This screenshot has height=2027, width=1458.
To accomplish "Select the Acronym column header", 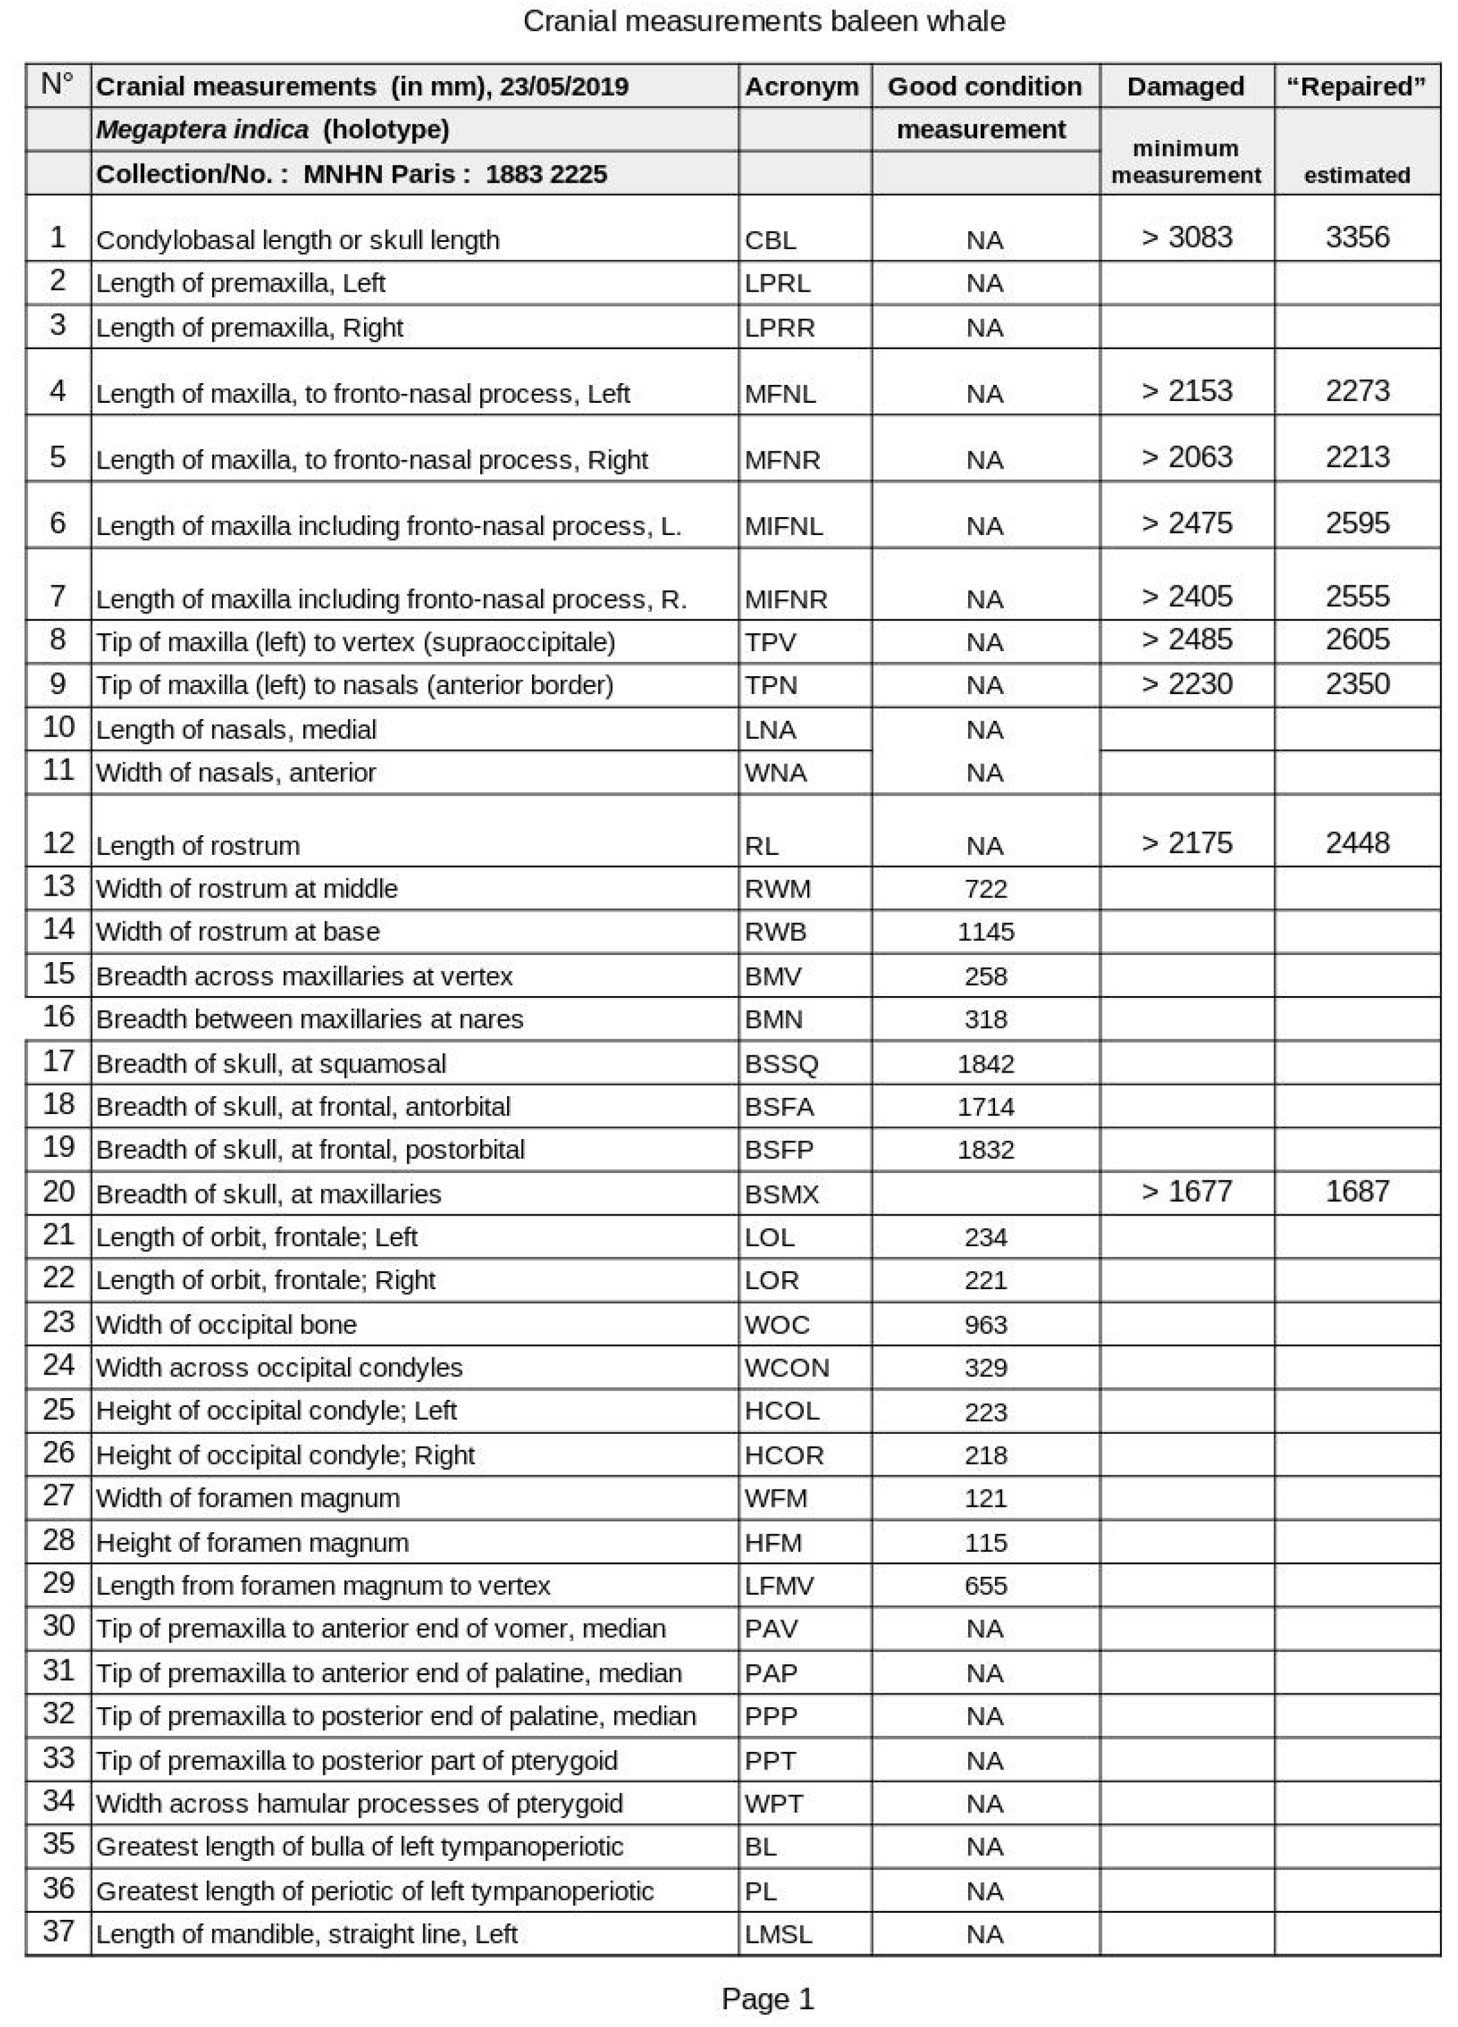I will pos(801,87).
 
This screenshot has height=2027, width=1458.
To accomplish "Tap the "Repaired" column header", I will pos(1356,87).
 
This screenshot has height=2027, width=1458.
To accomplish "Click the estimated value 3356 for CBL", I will pos(1356,237).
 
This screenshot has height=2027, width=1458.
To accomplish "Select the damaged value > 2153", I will pos(1186,391).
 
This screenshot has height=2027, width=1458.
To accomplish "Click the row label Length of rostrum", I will pos(197,845).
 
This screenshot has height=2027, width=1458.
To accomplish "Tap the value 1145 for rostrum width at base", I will pos(985,932).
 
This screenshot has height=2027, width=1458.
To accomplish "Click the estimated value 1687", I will pos(1356,1191).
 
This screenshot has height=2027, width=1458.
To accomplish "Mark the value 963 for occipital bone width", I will pos(985,1325).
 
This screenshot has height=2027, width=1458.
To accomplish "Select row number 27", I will pos(58,1495).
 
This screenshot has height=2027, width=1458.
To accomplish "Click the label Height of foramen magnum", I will pos(252,1542).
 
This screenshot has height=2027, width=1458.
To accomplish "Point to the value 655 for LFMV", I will pos(985,1585).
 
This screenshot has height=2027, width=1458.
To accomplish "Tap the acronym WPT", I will pos(773,1804).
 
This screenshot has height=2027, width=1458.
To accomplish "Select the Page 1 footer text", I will pos(767,2000).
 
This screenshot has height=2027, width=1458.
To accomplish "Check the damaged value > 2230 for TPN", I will pos(1186,684).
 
